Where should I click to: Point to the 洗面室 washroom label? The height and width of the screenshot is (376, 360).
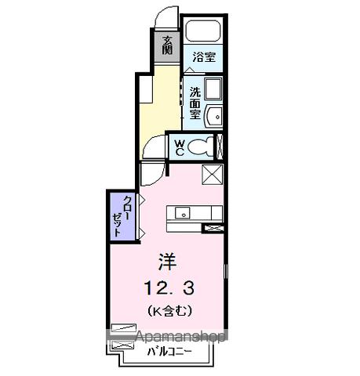click(x=195, y=102)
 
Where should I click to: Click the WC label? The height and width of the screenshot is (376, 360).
click(x=180, y=146)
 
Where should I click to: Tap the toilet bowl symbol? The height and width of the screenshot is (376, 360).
click(x=202, y=146)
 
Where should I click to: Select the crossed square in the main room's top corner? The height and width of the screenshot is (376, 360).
click(x=213, y=174)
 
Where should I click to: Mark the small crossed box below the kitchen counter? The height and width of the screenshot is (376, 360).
click(x=213, y=229)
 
